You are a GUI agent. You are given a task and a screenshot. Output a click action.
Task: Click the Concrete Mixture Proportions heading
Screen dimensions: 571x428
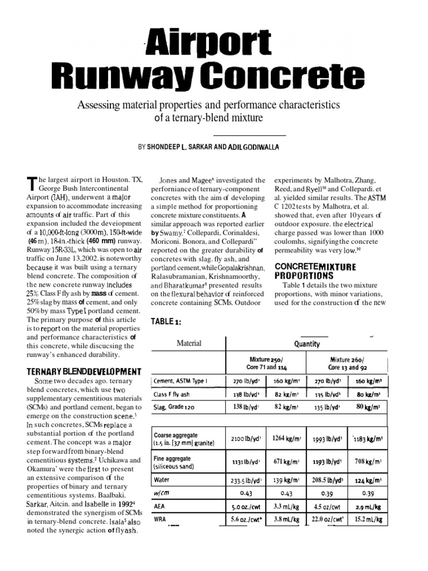pos(315,270)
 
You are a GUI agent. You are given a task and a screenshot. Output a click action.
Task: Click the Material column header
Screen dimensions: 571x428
pos(189,343)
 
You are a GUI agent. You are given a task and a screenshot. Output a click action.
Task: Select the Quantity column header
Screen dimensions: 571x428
pos(307,344)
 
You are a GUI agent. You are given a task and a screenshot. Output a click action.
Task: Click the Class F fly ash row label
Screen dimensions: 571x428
pos(172,394)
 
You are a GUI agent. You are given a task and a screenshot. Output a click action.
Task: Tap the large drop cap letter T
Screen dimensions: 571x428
pos(30,184)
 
